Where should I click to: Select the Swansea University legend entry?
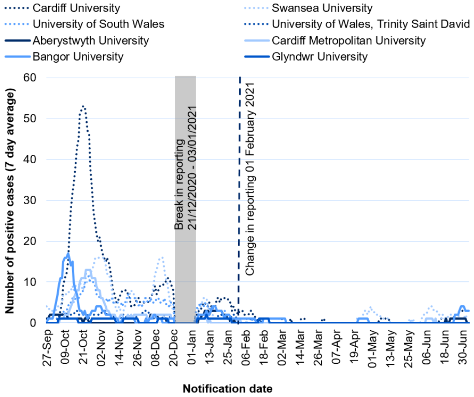[x=322, y=8]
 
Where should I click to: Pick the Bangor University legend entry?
[x=78, y=56]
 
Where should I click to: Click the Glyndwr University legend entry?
[x=319, y=56]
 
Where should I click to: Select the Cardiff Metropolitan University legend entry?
[x=348, y=40]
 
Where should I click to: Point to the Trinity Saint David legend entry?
[x=365, y=24]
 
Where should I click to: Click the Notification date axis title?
[x=227, y=388]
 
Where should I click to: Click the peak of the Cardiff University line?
[x=83, y=106]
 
